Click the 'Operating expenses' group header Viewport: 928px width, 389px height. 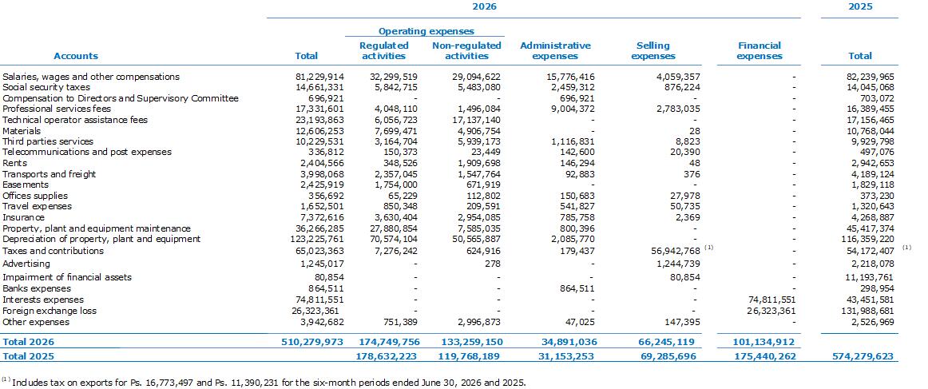tap(426, 31)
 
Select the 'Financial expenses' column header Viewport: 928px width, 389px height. tap(760, 50)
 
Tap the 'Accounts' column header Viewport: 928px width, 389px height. tap(76, 56)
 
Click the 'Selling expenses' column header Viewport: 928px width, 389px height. tap(653, 50)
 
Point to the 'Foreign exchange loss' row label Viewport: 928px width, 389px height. tap(50, 311)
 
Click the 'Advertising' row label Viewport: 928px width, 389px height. tap(26, 264)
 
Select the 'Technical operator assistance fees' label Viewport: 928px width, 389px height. tap(75, 120)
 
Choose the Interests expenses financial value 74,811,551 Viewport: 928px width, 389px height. tap(771, 300)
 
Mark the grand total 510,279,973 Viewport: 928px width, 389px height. tap(315, 342)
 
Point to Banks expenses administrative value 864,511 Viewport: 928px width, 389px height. tap(577, 289)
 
